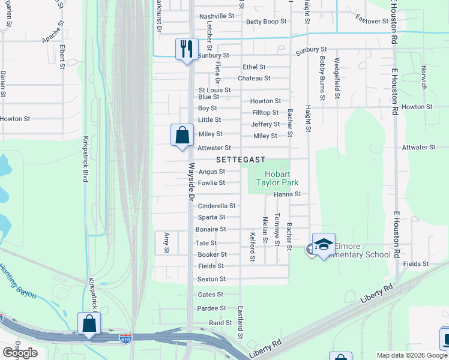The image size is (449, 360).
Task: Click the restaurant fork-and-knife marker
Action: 187,48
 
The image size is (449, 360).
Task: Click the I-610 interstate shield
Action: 125,339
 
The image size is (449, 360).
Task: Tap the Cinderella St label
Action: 216,206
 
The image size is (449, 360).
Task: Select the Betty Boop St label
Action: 267,22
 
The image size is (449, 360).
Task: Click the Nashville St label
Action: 217,16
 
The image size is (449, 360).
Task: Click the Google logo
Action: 20,353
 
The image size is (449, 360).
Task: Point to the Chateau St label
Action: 254,79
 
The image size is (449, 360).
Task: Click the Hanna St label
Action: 287,194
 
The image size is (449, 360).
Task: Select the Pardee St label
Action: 211,308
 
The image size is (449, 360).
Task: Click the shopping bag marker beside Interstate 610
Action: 89,323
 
